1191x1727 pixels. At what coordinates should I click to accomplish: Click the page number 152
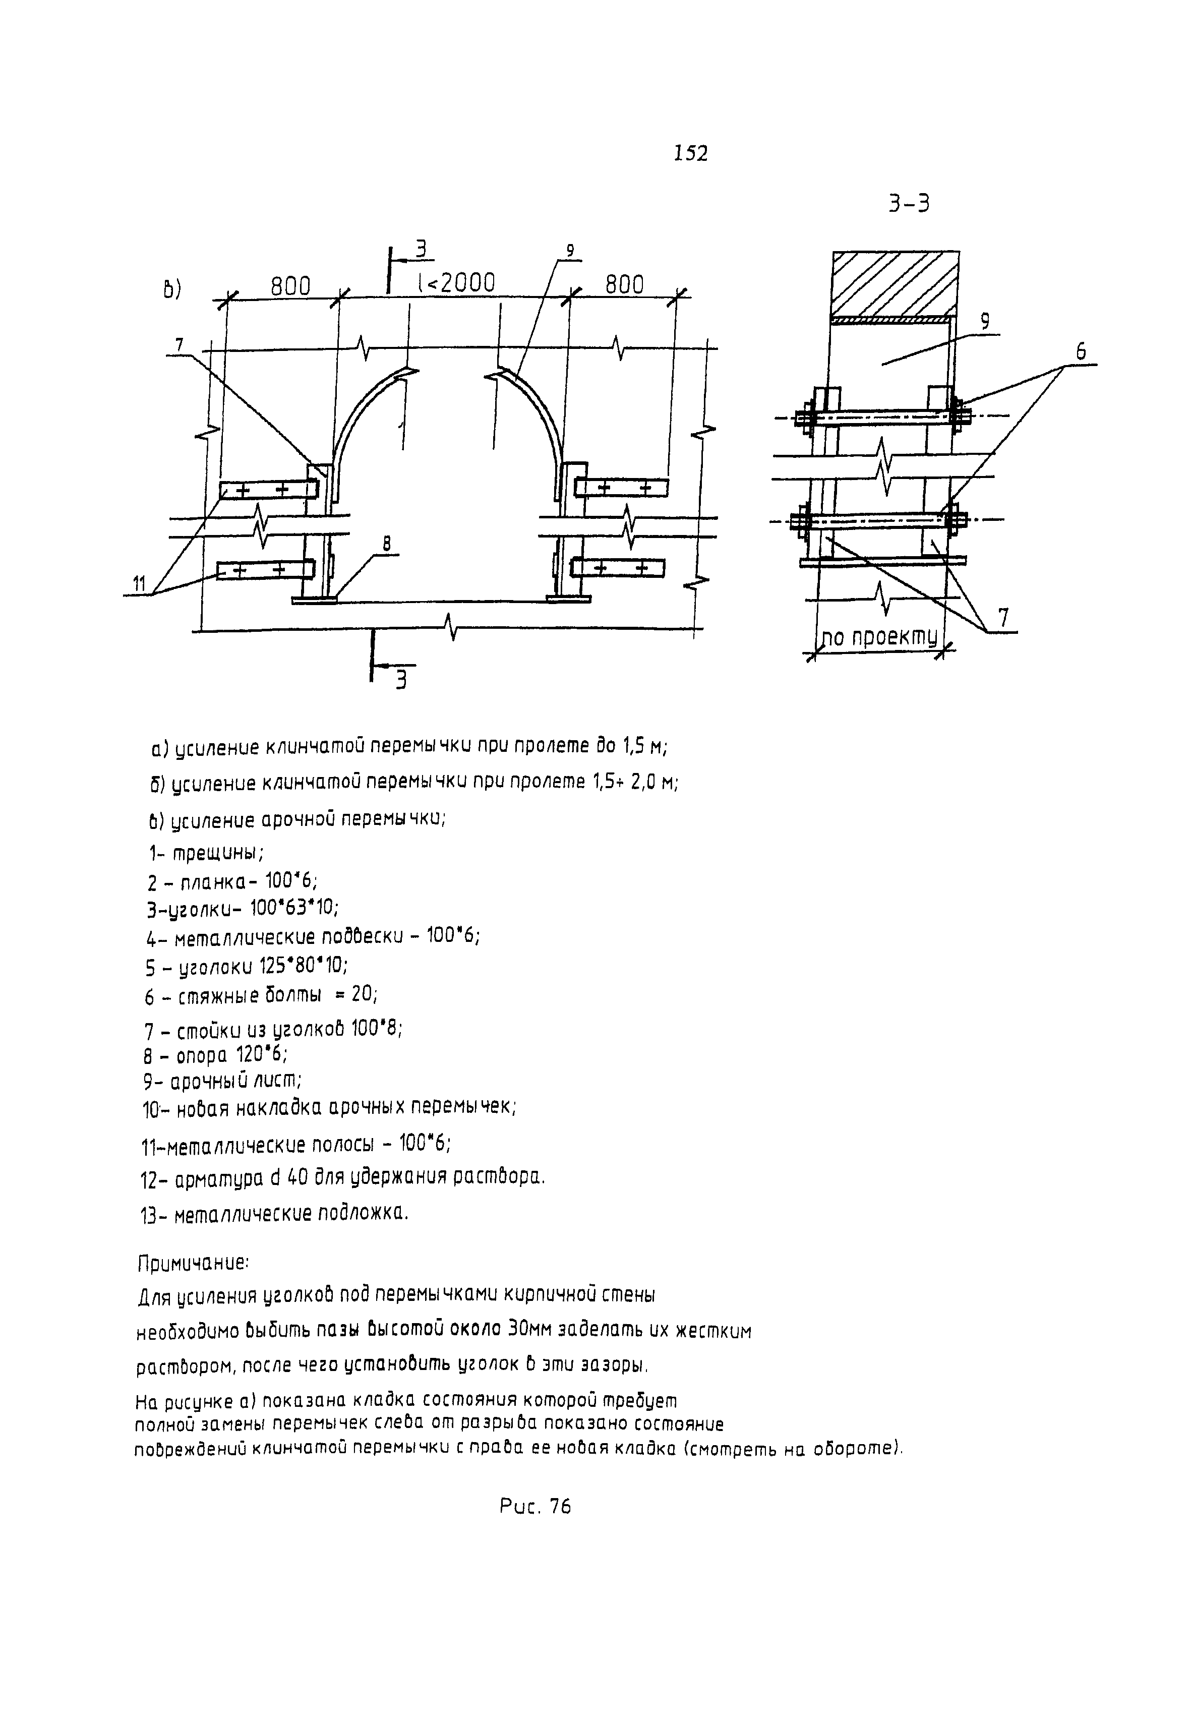[x=690, y=154]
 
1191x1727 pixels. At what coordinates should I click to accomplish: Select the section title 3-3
[x=909, y=203]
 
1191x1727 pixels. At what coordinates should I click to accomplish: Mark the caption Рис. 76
[x=534, y=1507]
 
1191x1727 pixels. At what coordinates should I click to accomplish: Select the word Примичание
[x=193, y=1264]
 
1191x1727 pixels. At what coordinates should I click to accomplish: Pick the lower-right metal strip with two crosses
[x=617, y=568]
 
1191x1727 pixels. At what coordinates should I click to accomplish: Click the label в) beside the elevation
[x=172, y=289]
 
